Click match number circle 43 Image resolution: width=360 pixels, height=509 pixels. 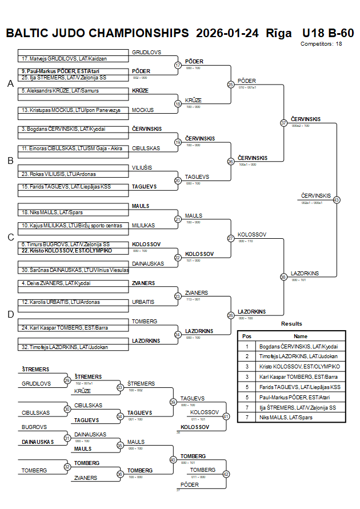[336, 200]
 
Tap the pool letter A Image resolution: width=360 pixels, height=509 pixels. [10, 84]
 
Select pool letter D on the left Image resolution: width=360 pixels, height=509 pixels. [10, 314]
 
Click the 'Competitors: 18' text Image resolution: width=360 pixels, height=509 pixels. [321, 43]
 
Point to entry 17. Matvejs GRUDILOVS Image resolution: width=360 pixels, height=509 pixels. [65, 59]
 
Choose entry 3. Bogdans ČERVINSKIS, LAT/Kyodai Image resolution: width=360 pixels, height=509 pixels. [63, 129]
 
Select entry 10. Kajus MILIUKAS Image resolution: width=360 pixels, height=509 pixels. [72, 226]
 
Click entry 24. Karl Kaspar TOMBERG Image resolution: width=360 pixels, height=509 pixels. [65, 328]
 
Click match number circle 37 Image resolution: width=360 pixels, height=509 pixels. [283, 123]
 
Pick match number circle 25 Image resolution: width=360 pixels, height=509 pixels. [231, 85]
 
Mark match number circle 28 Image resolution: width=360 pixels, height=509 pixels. [231, 315]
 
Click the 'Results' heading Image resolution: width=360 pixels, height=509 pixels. [291, 324]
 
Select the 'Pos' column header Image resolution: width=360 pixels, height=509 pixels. [246, 336]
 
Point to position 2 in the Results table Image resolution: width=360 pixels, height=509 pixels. [246, 356]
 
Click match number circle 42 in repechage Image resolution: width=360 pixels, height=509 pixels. [226, 474]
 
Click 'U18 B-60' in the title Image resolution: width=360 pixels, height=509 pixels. [328, 33]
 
